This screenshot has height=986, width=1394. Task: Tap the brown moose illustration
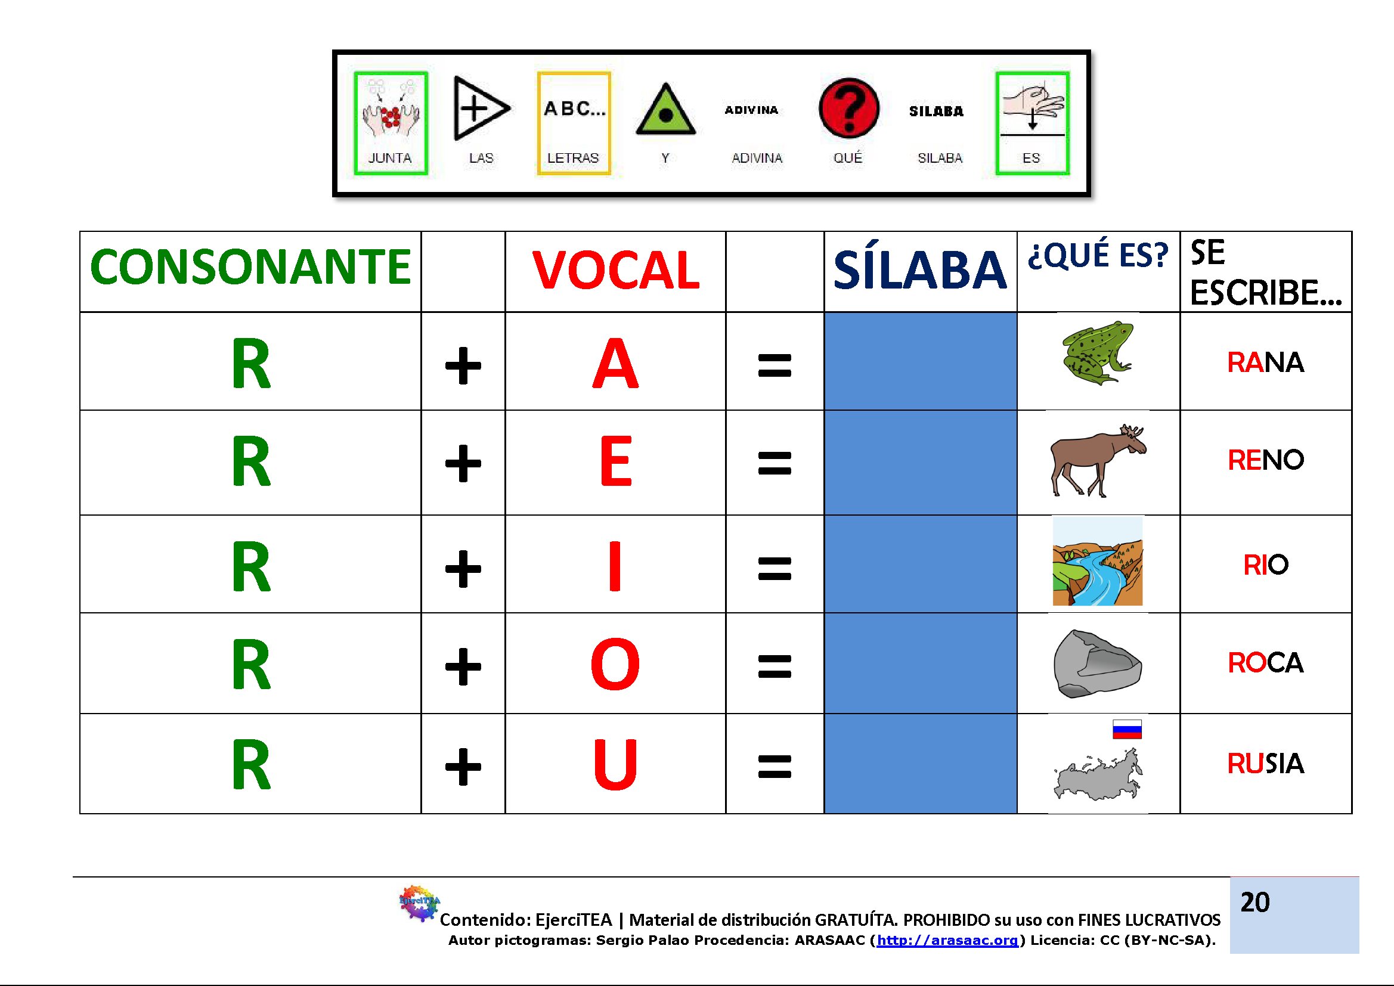(1098, 460)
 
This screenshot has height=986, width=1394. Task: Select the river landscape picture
(1098, 561)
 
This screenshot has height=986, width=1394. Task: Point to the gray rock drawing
(1098, 663)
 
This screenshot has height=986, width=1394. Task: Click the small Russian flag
(1127, 729)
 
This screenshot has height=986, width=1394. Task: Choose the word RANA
(1265, 362)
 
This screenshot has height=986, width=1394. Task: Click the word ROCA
(1265, 663)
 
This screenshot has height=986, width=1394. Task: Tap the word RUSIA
(1265, 764)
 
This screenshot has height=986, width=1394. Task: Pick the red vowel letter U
(615, 764)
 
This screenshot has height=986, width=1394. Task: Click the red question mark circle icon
(848, 108)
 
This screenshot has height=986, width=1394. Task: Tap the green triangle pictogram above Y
(665, 109)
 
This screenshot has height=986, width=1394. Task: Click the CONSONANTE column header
(250, 266)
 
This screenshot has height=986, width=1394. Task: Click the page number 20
(1255, 903)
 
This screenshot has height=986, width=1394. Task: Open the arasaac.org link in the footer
(947, 941)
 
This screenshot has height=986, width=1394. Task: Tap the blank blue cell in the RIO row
(921, 564)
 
